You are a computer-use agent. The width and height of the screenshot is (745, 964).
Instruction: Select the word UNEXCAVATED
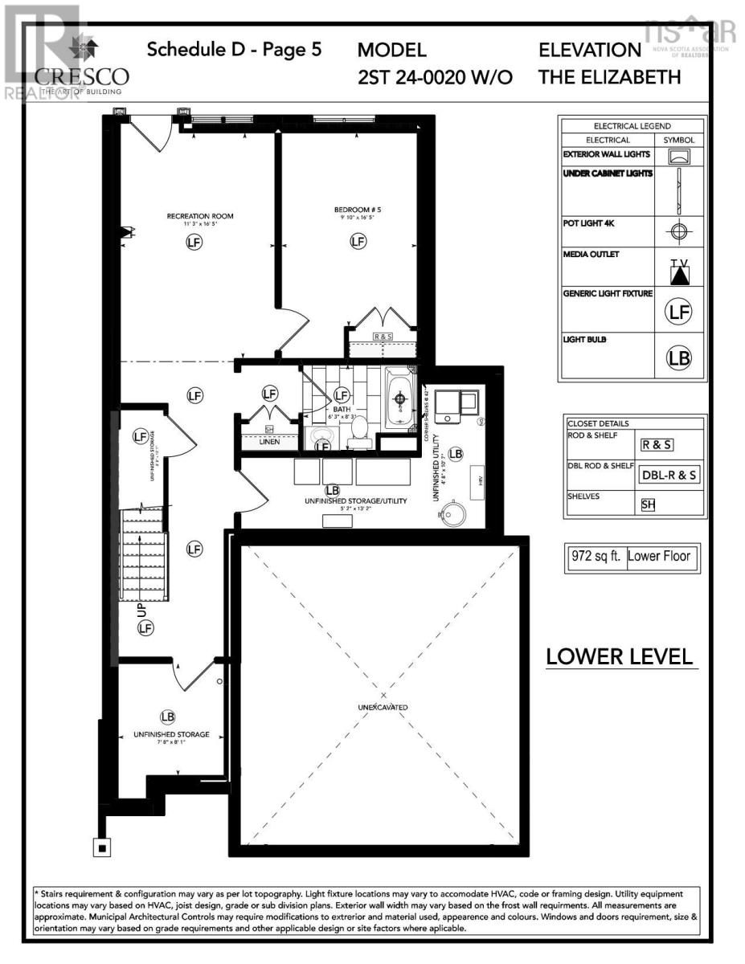pos(383,707)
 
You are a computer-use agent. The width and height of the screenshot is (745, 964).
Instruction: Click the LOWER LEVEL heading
pos(619,656)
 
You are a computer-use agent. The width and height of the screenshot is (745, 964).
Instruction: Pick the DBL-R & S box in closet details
pos(669,475)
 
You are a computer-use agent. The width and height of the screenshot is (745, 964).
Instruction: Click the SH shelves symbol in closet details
pos(648,504)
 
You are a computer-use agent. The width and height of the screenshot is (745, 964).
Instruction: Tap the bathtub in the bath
pos(399,397)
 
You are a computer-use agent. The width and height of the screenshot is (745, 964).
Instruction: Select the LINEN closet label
pos(269,441)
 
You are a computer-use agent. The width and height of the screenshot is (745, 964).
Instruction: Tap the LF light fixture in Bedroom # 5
pos(357,241)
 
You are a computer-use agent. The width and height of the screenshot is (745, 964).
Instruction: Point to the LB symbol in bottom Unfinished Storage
pos(167,717)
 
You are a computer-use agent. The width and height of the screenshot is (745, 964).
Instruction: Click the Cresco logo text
pos(81,76)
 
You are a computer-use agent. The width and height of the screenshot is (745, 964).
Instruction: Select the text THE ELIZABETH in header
pos(610,77)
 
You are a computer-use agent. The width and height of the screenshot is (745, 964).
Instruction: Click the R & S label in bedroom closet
pos(383,337)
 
